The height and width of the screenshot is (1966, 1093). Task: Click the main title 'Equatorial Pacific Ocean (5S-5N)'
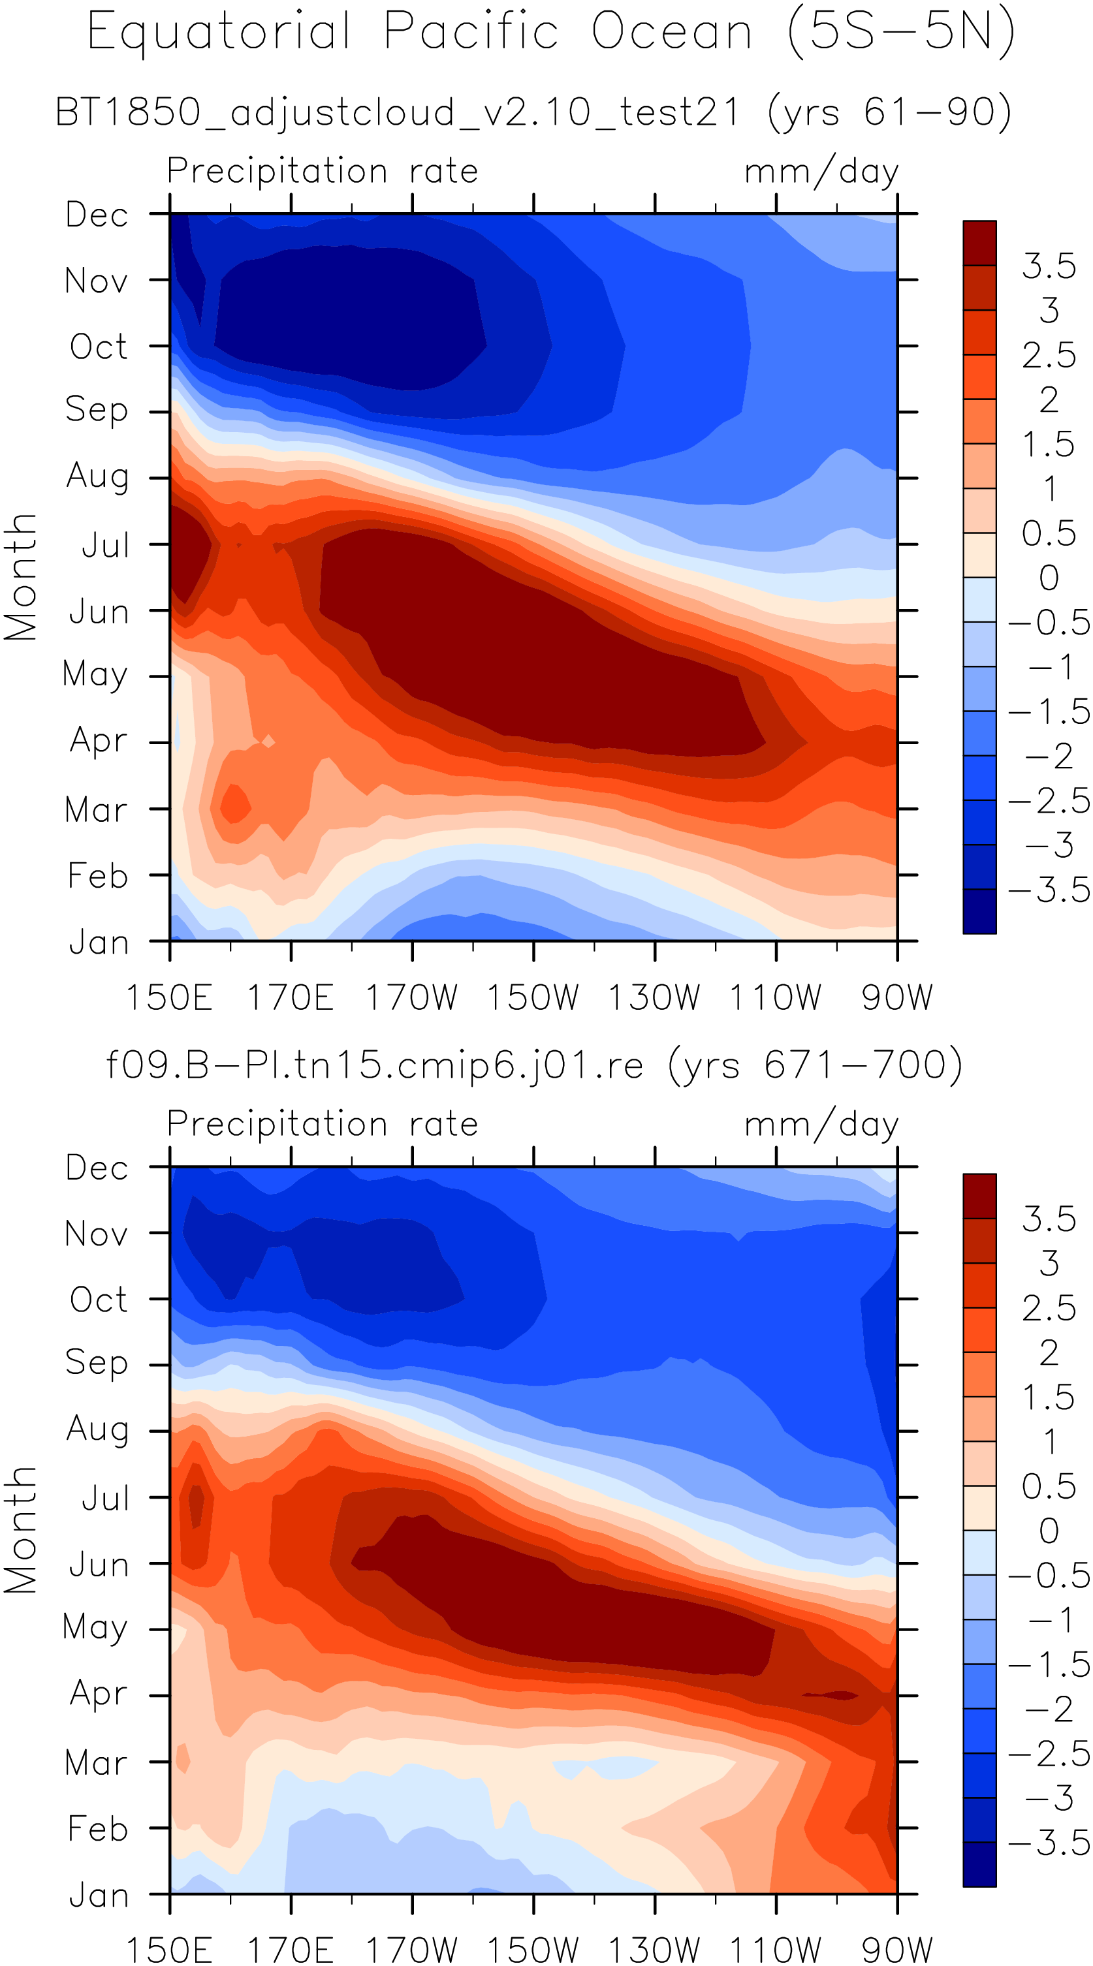tap(551, 33)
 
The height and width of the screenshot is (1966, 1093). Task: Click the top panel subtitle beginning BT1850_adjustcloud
tap(533, 113)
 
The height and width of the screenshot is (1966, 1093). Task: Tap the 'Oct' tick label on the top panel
tap(99, 347)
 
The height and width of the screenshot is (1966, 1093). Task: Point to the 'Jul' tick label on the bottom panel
tap(105, 1499)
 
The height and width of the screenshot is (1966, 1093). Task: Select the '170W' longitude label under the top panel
tap(411, 997)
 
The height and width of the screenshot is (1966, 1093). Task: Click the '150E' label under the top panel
tap(168, 997)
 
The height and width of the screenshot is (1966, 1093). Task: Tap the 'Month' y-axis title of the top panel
tap(21, 577)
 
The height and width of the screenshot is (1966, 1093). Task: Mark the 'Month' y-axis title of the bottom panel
tap(21, 1530)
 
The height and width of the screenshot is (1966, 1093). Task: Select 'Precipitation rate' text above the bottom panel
tap(322, 1124)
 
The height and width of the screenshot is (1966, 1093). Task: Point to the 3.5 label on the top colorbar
tap(1049, 266)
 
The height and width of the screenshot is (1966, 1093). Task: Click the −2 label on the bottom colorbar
tap(1049, 1709)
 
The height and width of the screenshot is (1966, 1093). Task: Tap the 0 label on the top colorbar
tap(1049, 578)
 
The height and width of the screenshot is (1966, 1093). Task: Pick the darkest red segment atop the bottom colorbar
tap(979, 1196)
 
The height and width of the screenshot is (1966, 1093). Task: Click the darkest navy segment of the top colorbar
tap(979, 911)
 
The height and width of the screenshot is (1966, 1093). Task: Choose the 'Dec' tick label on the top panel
tap(97, 215)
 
